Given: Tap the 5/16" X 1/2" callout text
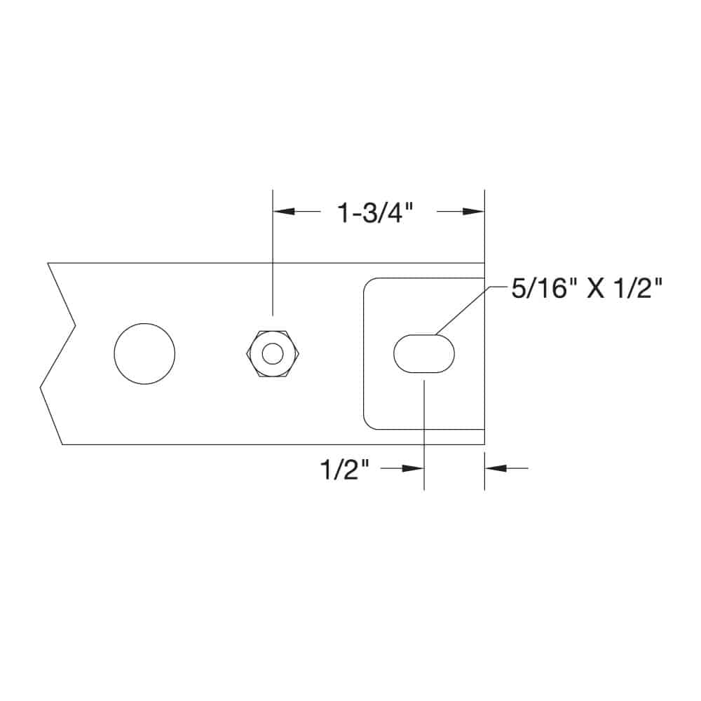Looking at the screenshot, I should point(587,288).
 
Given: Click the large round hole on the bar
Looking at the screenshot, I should point(144,353).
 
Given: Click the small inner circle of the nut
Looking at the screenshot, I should point(273,353).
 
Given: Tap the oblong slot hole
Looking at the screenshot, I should point(424,353).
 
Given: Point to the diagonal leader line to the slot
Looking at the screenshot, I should point(463,309).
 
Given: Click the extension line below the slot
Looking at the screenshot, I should point(424,435).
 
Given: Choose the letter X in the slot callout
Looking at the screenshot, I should point(597,288).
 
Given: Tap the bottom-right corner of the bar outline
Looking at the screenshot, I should point(484,444).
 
